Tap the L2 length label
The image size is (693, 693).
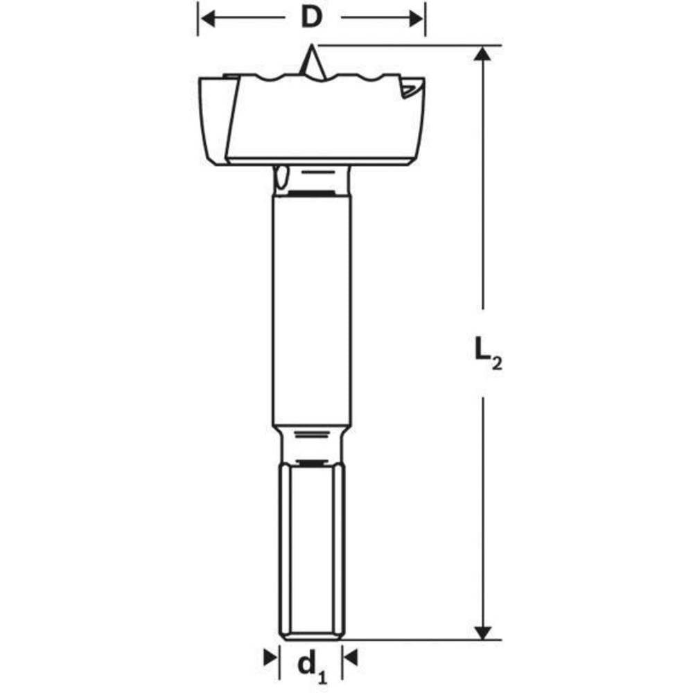pos(487,351)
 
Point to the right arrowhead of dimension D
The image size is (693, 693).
pos(416,18)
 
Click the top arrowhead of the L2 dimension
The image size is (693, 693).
pos(483,54)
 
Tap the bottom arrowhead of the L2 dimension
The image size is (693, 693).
pos(483,632)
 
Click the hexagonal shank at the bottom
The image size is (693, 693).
pos(311,547)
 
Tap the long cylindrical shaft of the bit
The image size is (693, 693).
pos(311,312)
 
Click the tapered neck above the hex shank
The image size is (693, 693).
pos(311,444)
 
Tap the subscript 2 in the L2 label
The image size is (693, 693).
pos(496,365)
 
